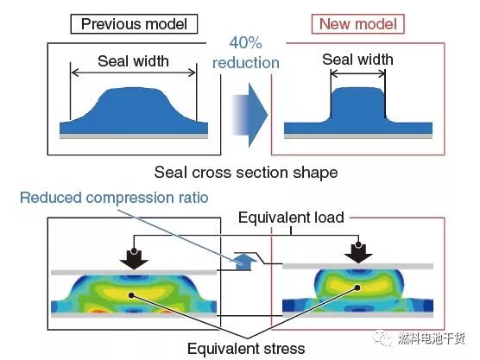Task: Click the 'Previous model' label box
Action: pos(134,24)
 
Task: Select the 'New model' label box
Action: pos(358,24)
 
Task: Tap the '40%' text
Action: pos(245,42)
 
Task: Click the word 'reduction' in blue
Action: pos(246,63)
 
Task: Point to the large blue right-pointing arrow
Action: pos(249,115)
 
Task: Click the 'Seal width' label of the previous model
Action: pos(133,61)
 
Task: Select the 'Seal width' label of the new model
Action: pos(357,60)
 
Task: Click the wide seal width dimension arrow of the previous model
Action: pos(133,73)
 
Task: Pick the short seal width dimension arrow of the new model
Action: pos(358,73)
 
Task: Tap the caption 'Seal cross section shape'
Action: pos(246,173)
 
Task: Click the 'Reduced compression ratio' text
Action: pos(114,198)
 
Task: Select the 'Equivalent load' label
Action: pos(291,218)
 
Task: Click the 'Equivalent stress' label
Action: pos(246,349)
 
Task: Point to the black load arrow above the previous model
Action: pos(134,259)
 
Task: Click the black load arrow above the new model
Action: pos(358,253)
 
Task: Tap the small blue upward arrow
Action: pos(243,262)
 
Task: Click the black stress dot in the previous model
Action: pos(131,295)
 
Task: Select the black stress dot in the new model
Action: pos(357,287)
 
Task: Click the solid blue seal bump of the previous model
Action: pos(134,111)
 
